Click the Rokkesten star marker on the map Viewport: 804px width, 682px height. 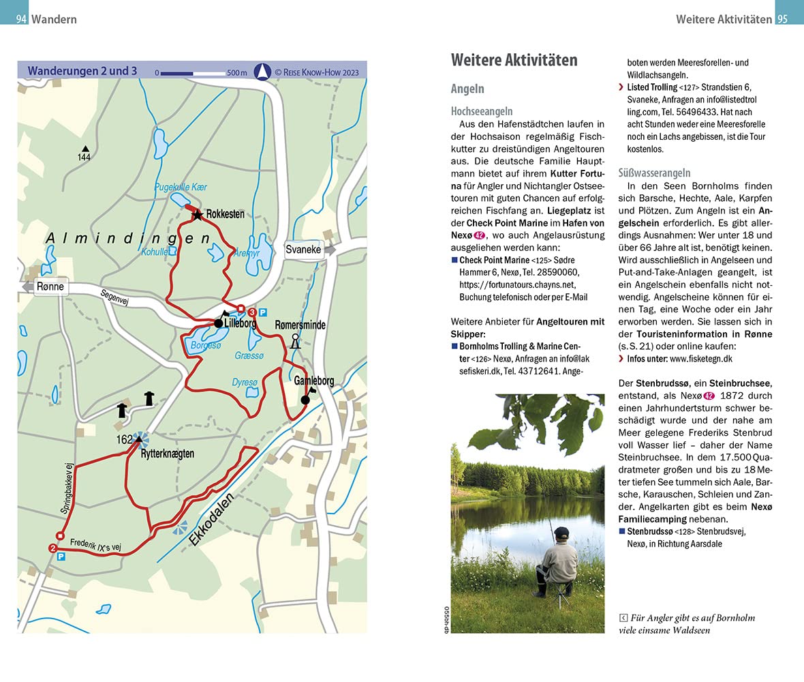(x=198, y=215)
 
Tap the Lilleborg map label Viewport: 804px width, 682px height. (x=239, y=324)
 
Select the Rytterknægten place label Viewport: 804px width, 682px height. (x=167, y=453)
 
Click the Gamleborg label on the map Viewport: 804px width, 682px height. (x=313, y=381)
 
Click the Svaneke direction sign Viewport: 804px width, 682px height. (x=303, y=250)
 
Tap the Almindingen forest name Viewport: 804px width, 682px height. (x=129, y=238)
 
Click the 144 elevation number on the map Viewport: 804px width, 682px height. (x=84, y=158)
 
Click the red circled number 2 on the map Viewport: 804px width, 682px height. (x=53, y=548)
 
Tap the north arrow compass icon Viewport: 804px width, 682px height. (x=262, y=71)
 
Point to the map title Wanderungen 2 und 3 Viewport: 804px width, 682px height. (x=82, y=70)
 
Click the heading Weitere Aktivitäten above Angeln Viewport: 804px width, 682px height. (x=514, y=60)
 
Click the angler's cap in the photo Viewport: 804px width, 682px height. (x=561, y=531)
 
